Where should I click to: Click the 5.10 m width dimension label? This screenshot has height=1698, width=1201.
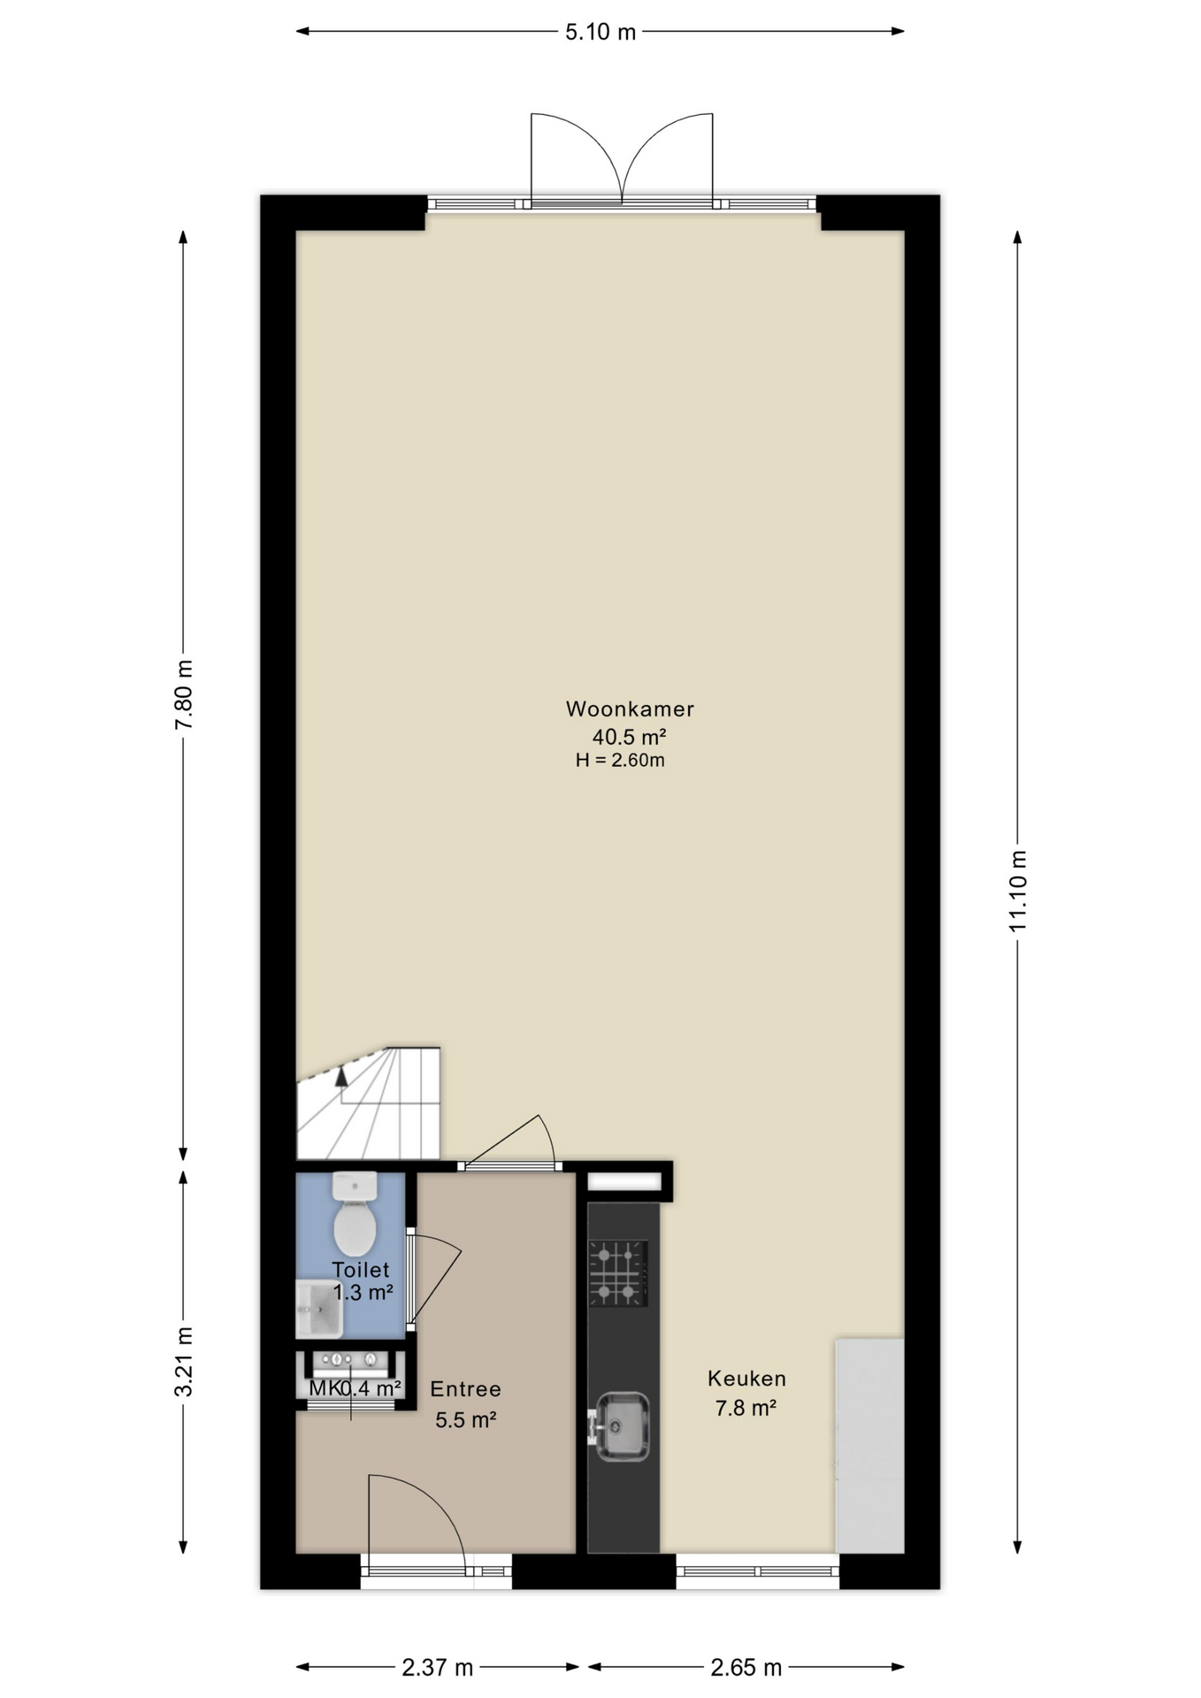600,32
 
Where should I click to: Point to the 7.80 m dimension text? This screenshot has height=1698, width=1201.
183,695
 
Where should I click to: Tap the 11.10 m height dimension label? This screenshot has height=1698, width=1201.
1018,891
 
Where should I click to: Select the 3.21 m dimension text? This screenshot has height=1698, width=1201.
183,1362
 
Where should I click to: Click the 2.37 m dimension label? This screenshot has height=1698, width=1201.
438,1668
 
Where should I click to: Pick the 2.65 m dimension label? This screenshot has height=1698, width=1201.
746,1668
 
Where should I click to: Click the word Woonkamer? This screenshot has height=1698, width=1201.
630,708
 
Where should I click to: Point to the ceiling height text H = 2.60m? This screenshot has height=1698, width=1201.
620,760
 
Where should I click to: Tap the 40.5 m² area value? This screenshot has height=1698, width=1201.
629,736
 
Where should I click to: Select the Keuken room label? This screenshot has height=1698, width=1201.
746,1378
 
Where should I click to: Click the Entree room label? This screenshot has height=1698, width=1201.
465,1389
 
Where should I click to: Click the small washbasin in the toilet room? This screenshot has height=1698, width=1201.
318,1309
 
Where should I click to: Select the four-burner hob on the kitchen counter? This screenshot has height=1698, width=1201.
618,1273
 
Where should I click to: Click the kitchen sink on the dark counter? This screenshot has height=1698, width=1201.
621,1426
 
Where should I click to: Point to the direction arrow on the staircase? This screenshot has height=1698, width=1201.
341,1075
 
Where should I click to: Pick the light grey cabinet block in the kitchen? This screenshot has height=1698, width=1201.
869,1445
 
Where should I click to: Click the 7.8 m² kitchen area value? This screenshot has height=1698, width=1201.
746,1407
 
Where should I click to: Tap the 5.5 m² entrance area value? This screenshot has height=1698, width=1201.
465,1419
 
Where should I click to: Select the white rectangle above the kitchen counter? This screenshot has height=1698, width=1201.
624,1182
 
